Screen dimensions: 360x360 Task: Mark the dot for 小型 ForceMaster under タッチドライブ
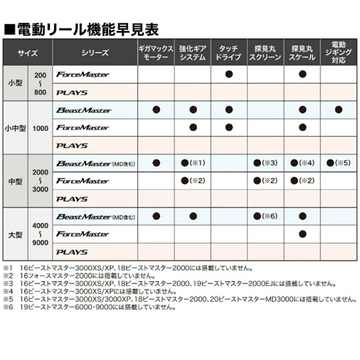(229, 74)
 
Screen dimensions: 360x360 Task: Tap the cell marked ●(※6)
(265, 216)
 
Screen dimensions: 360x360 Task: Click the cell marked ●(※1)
(192, 163)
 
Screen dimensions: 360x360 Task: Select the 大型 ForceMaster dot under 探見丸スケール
(302, 233)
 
